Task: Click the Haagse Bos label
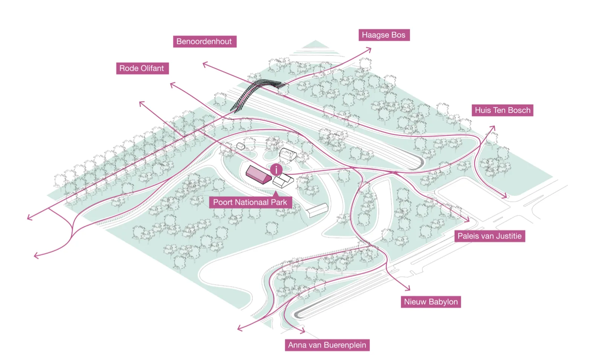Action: (x=384, y=35)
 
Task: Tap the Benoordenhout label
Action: (x=205, y=41)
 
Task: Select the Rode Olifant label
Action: (x=142, y=68)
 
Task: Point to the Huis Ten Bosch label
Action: (x=503, y=110)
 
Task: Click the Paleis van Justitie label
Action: (x=490, y=236)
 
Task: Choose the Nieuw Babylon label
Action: (x=431, y=302)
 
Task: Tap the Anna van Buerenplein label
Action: (x=327, y=345)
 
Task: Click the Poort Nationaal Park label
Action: (x=250, y=202)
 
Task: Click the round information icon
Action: (x=276, y=169)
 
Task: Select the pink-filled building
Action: (x=258, y=175)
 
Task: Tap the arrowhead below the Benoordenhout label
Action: (x=206, y=64)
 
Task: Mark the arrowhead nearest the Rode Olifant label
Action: (x=172, y=85)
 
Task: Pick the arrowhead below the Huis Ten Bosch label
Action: (x=492, y=129)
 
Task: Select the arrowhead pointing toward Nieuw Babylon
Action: (x=407, y=288)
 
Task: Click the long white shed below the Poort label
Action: (x=317, y=211)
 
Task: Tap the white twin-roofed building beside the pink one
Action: (x=283, y=180)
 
